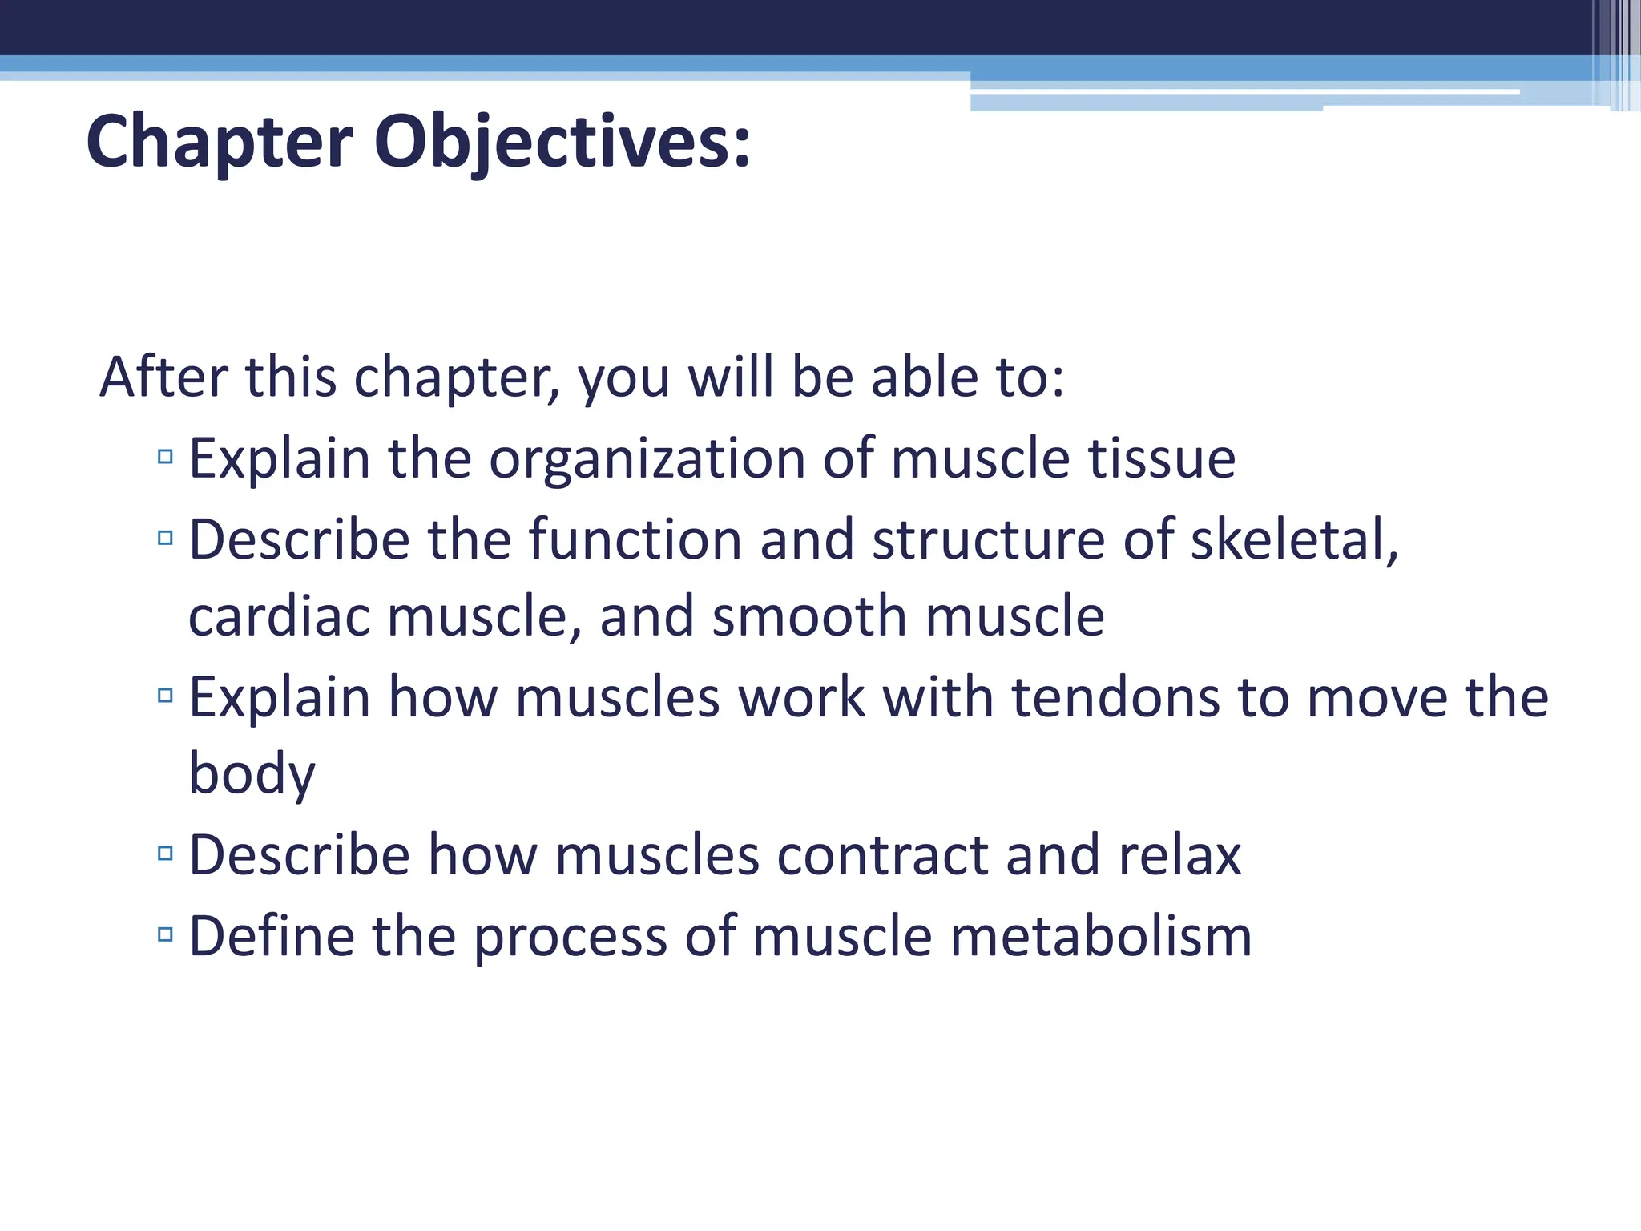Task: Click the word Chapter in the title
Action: click(219, 143)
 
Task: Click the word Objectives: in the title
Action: click(562, 143)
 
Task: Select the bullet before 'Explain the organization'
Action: click(166, 458)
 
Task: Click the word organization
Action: click(647, 459)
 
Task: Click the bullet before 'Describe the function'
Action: click(166, 538)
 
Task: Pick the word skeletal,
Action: click(1294, 539)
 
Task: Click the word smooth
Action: click(809, 616)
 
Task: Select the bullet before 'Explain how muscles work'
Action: click(166, 696)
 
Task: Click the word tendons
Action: click(1115, 697)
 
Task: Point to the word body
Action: click(252, 775)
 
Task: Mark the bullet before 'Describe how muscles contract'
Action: click(166, 854)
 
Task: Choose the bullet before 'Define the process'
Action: click(166, 934)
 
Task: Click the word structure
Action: click(988, 539)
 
